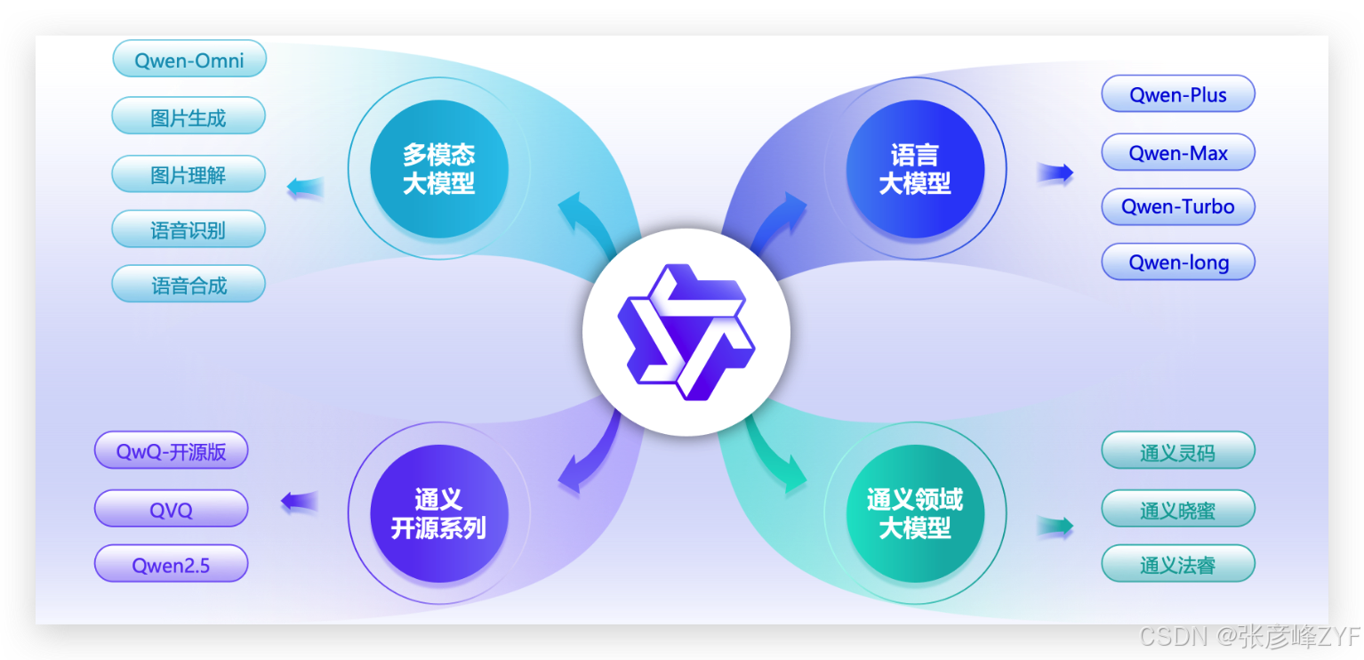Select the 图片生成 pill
coord(189,117)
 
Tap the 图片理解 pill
coord(189,174)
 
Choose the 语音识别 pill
coord(189,229)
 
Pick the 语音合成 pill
coord(189,285)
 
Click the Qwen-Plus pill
coord(1178,94)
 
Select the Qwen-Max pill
coord(1178,152)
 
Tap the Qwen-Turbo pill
coord(1178,206)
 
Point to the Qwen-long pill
coord(1178,262)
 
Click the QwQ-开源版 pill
coord(172,451)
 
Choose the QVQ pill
coord(172,509)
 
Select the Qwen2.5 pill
coord(172,564)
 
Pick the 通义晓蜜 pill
coord(1178,509)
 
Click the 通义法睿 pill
coord(1178,564)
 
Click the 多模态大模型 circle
coord(439,169)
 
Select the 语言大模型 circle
coord(915,169)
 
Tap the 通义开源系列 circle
coord(439,513)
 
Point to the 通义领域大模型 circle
coord(915,513)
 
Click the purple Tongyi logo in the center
coord(686,332)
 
